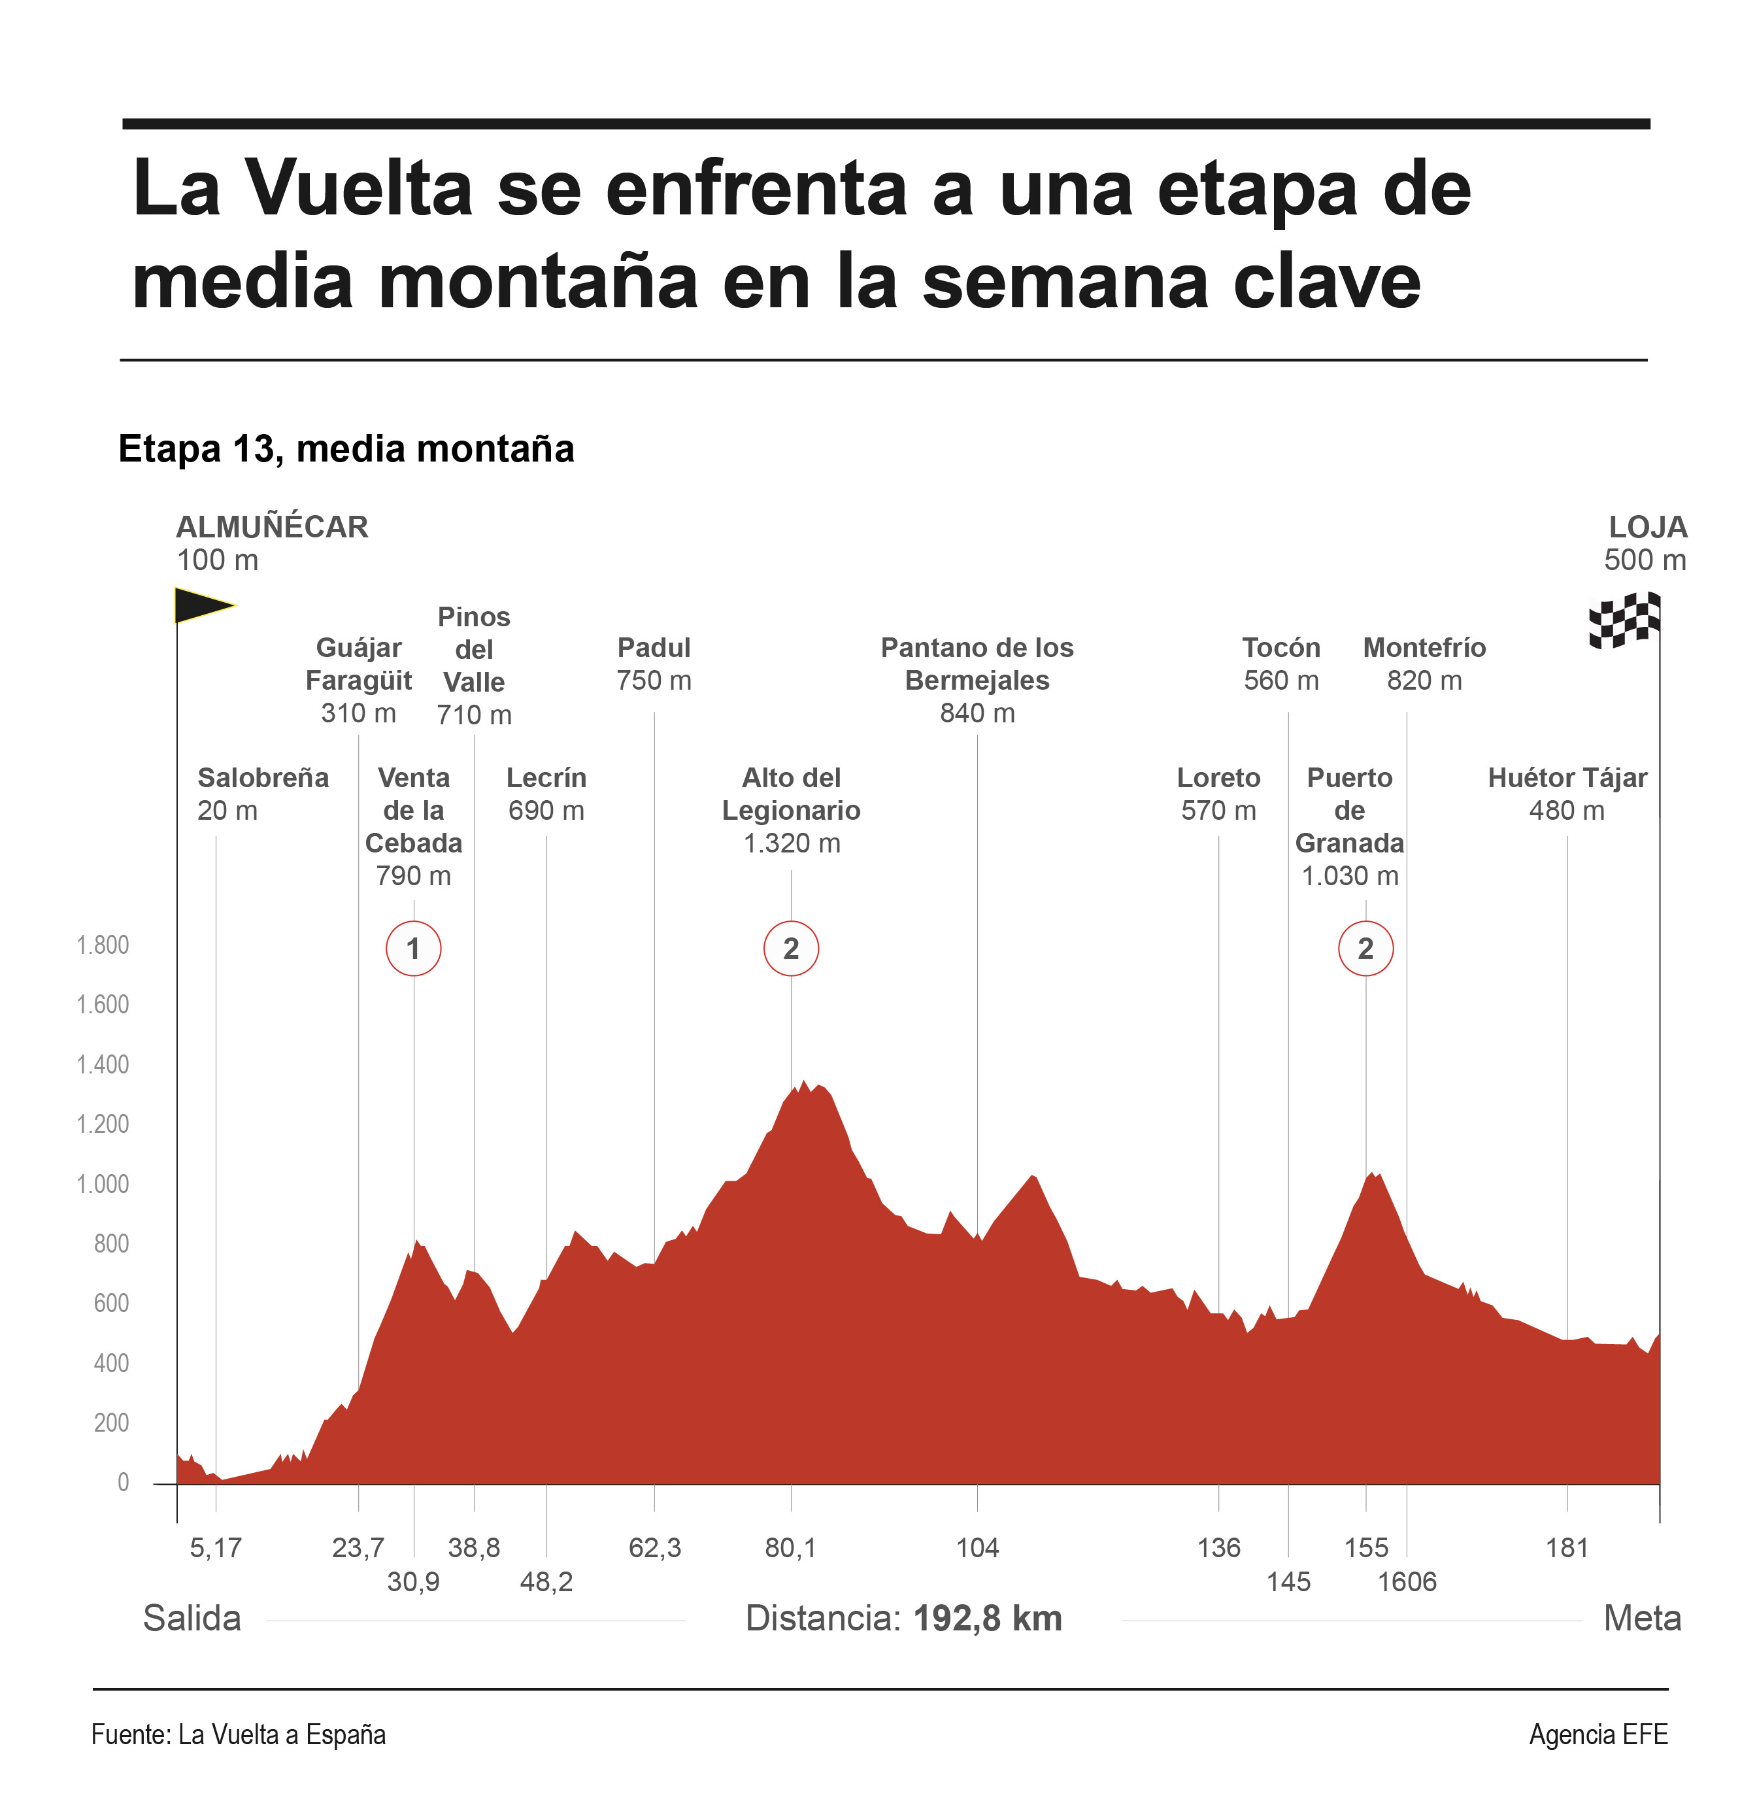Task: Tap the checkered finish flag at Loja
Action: pyautogui.click(x=1624, y=620)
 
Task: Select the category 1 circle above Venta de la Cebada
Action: pyautogui.click(x=413, y=949)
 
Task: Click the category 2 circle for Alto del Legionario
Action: pyautogui.click(x=791, y=949)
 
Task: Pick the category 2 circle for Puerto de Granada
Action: pyautogui.click(x=1365, y=949)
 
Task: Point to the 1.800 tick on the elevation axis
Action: pyautogui.click(x=103, y=945)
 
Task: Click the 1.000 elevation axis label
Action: pyautogui.click(x=103, y=1184)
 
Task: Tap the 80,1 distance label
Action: pyautogui.click(x=791, y=1547)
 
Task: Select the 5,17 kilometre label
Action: pyautogui.click(x=216, y=1547)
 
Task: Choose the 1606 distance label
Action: pyautogui.click(x=1407, y=1581)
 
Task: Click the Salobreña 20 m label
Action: pyautogui.click(x=263, y=794)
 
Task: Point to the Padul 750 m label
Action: pyautogui.click(x=654, y=664)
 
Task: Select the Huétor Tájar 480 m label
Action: pyautogui.click(x=1567, y=794)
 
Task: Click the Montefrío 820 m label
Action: pyautogui.click(x=1425, y=664)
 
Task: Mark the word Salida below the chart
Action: pyautogui.click(x=192, y=1619)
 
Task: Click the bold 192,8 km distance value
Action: pyautogui.click(x=988, y=1619)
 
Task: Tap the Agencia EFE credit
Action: pyautogui.click(x=1598, y=1735)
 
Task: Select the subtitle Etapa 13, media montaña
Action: pyautogui.click(x=346, y=449)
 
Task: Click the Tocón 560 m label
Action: pyautogui.click(x=1281, y=664)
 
